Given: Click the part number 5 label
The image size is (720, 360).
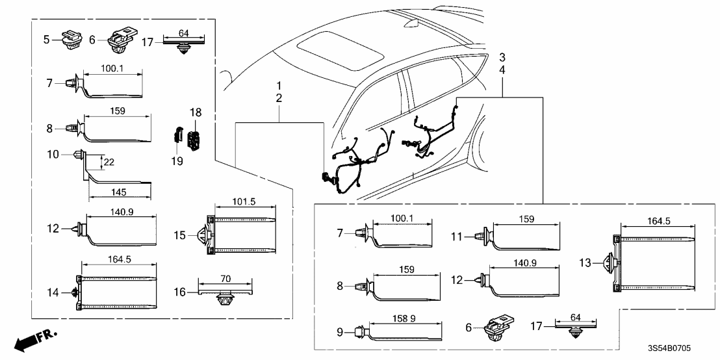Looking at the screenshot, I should click(x=46, y=40).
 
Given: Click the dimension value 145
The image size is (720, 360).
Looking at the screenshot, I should click(x=118, y=192).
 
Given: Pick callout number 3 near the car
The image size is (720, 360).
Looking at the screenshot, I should click(x=502, y=57).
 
